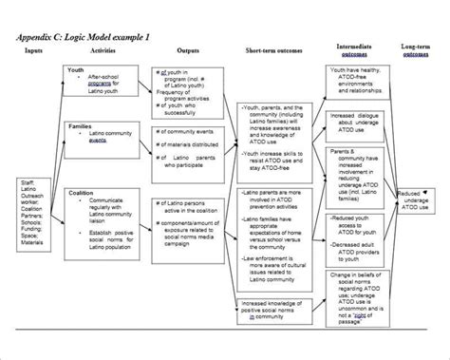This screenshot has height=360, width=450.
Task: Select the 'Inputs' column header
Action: pyautogui.click(x=34, y=49)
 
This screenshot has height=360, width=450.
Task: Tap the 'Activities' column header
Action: pyautogui.click(x=103, y=49)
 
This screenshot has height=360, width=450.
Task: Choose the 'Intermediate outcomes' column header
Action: pyautogui.click(x=353, y=49)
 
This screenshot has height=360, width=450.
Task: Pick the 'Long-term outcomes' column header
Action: pyautogui.click(x=415, y=49)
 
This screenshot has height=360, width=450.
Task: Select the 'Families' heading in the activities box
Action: pyautogui.click(x=81, y=125)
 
